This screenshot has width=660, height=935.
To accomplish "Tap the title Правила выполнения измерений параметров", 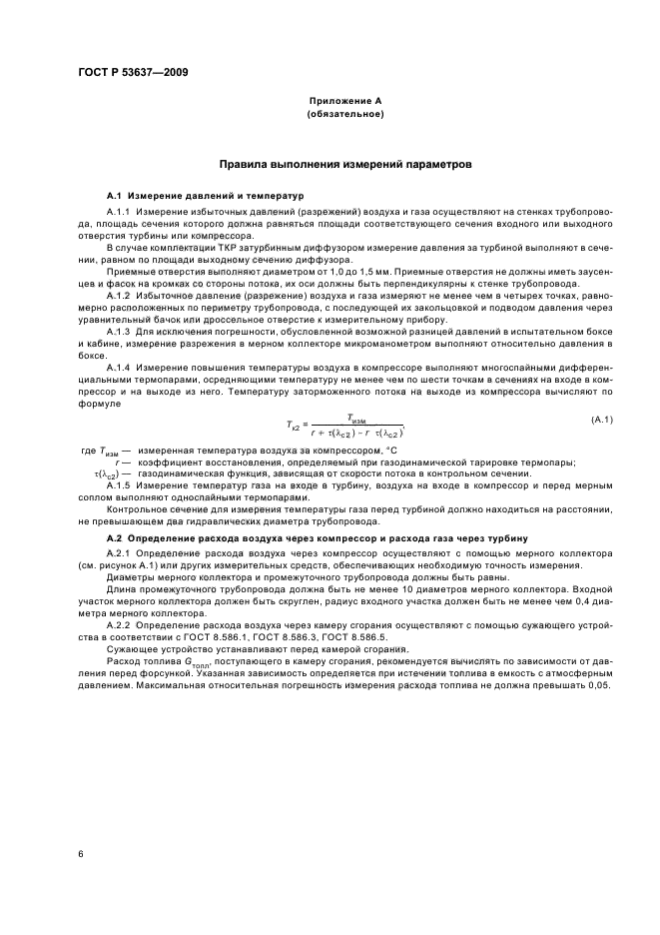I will (344, 164).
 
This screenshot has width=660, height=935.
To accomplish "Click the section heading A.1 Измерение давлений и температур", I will (197, 195).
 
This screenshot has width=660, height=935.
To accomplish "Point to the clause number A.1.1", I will (119, 212).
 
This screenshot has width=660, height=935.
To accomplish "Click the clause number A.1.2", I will (119, 297).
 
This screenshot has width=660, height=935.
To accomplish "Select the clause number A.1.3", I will (119, 331).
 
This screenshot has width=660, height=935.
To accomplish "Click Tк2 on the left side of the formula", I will (296, 426).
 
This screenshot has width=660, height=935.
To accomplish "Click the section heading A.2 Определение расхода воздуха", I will (310, 538).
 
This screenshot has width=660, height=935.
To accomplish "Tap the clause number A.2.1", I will (119, 554).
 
